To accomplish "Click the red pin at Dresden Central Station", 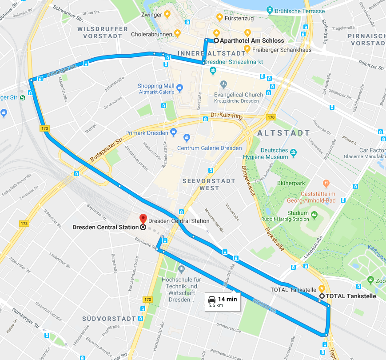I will tap(143, 218).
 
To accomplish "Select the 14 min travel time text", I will tap(227, 299).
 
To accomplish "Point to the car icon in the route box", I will tap(212, 299).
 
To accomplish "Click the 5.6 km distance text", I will tap(216, 306).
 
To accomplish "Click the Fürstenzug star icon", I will tap(219, 17).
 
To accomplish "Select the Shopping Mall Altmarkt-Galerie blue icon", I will tap(179, 87).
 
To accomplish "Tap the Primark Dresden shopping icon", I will tap(174, 132).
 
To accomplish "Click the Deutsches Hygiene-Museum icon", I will tap(293, 154).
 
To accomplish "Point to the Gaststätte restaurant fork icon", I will tap(326, 183).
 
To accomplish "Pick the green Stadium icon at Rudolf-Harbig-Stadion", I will tap(314, 215).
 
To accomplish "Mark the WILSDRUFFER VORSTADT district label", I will tap(99, 32).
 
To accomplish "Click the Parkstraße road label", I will tap(274, 240).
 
